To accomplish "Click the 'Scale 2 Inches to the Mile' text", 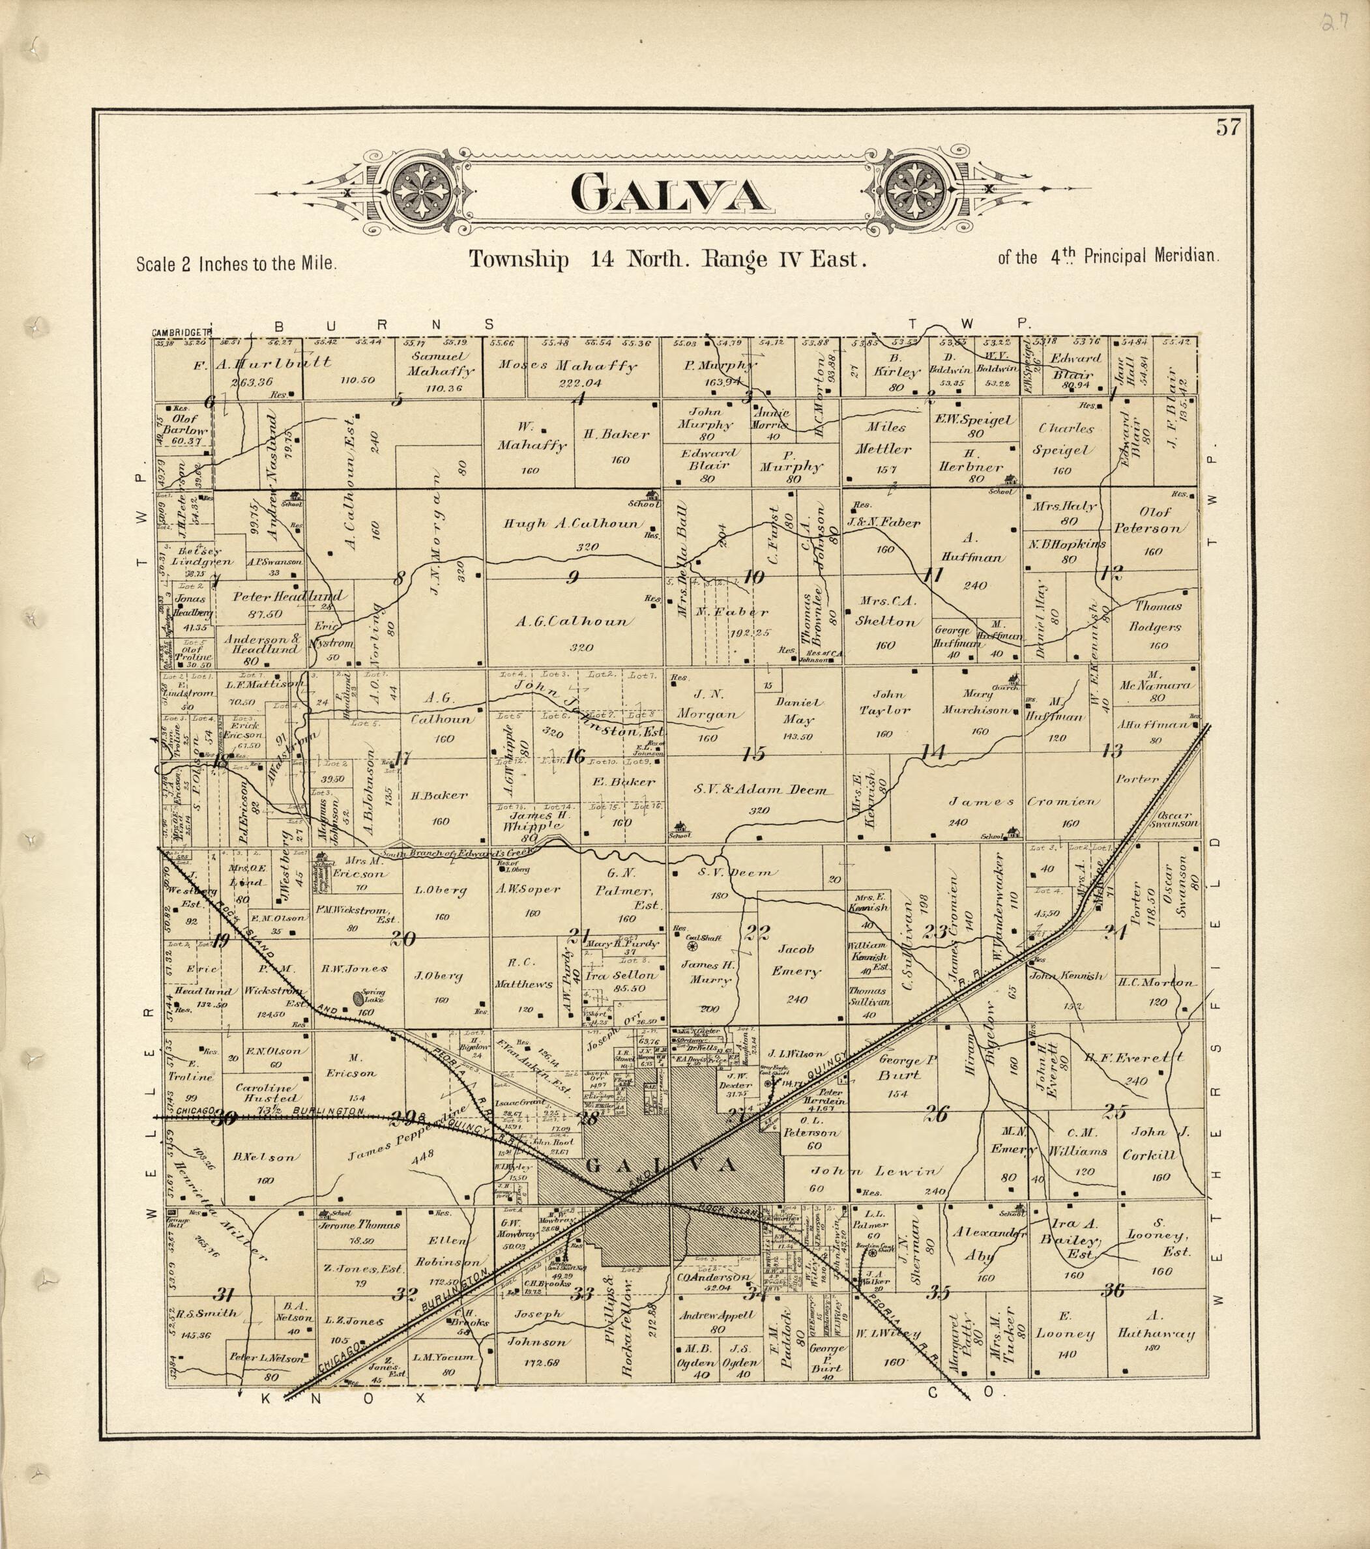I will coord(236,265).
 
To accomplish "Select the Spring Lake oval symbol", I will coord(358,999).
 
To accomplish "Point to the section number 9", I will coord(573,577).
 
